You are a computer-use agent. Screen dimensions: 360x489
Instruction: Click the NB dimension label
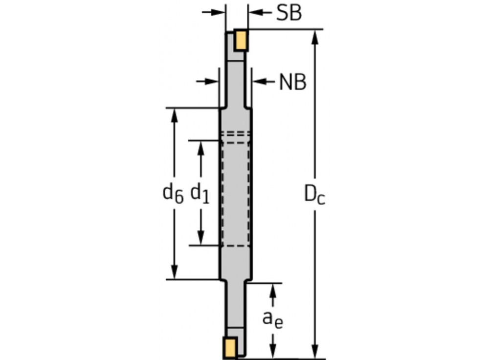(x=292, y=82)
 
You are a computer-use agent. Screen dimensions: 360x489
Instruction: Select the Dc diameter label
(x=314, y=194)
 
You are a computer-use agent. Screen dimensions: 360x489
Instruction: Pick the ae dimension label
(x=273, y=318)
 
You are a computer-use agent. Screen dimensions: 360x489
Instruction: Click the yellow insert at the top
(x=241, y=41)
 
